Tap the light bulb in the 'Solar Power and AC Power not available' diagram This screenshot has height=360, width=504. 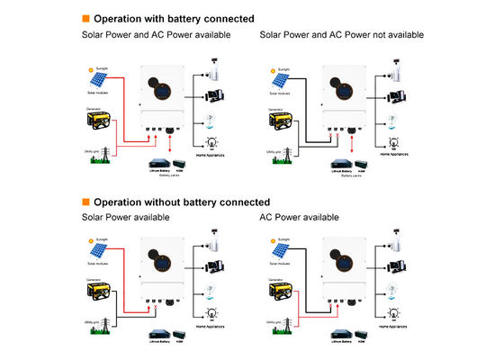(x=392, y=141)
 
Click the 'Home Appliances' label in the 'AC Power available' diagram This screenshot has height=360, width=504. (x=395, y=337)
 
